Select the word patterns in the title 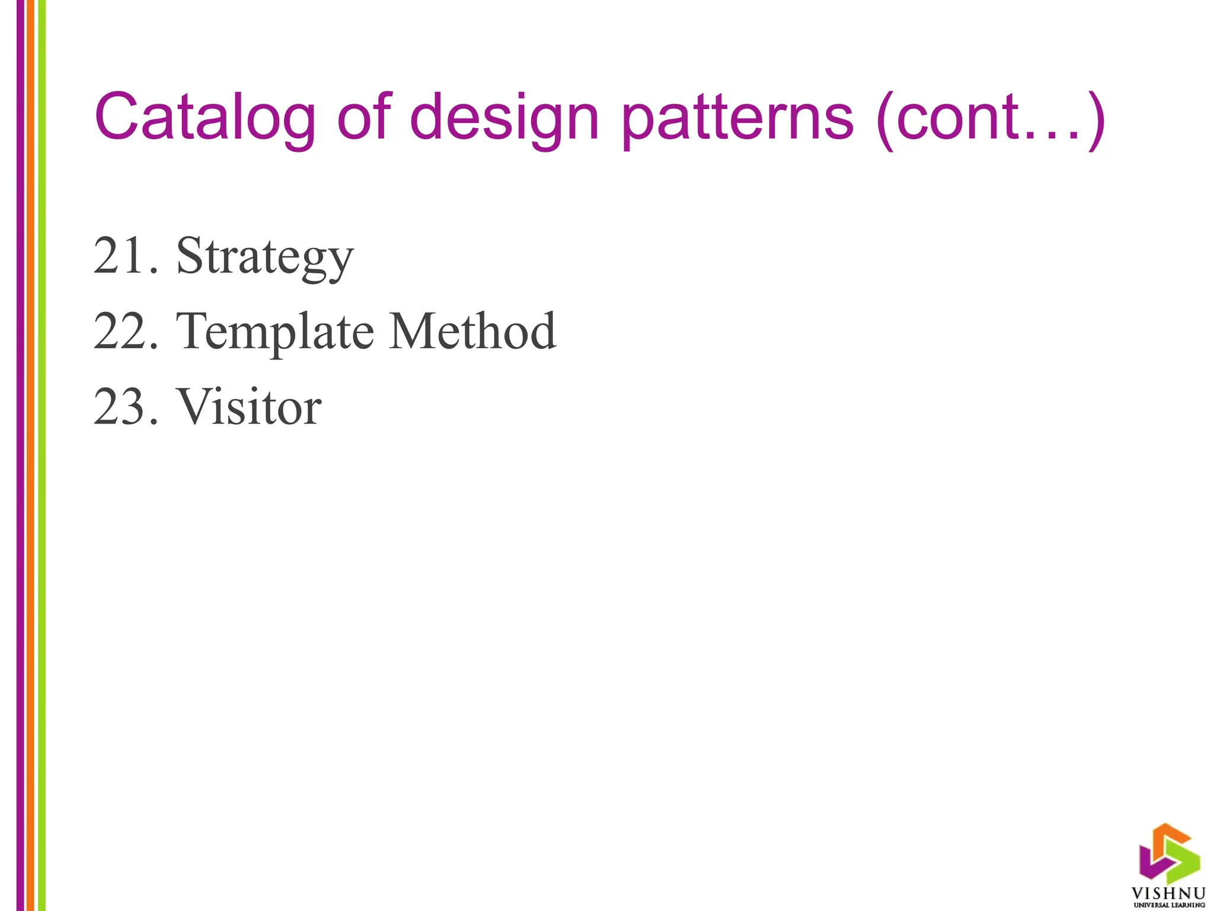click(737, 119)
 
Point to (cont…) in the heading click(990, 119)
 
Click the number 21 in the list click(121, 256)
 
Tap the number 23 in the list click(122, 407)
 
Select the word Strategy click(265, 257)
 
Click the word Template click(275, 332)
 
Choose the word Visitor click(249, 407)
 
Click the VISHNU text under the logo click(1168, 893)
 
